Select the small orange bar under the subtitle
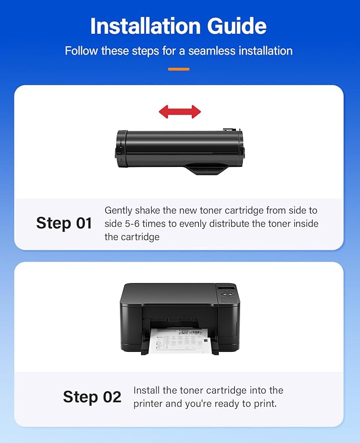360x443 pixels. (x=179, y=69)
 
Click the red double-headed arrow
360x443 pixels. (x=180, y=111)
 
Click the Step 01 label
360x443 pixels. (x=64, y=223)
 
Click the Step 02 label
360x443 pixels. (x=92, y=397)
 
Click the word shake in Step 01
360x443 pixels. (x=149, y=210)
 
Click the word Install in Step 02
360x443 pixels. (x=148, y=391)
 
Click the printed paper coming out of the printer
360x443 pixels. (x=180, y=340)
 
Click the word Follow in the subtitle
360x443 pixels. (x=80, y=51)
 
